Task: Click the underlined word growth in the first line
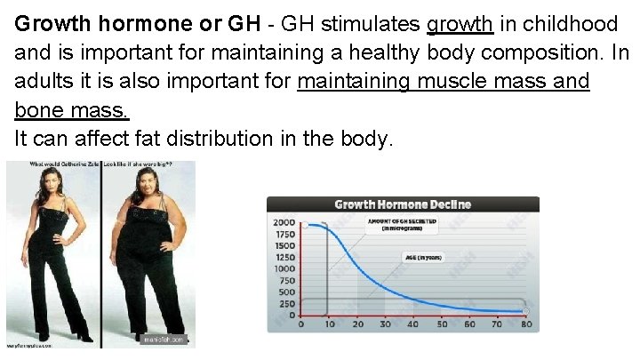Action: [460, 22]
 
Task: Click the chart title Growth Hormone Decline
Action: [403, 204]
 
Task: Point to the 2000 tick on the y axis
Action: [284, 222]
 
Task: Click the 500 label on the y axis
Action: [286, 292]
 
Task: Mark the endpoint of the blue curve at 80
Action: [525, 311]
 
